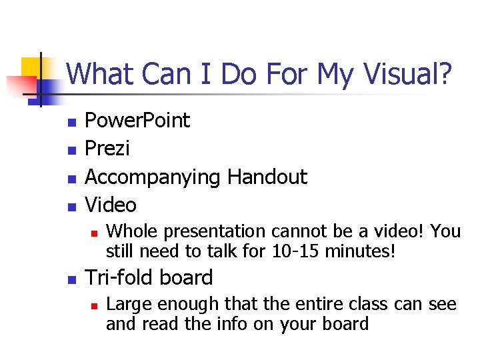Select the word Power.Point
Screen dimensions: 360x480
tap(137, 121)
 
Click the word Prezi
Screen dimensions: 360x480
tap(107, 149)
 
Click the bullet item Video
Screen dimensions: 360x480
tap(111, 205)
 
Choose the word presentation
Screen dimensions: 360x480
tap(213, 232)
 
